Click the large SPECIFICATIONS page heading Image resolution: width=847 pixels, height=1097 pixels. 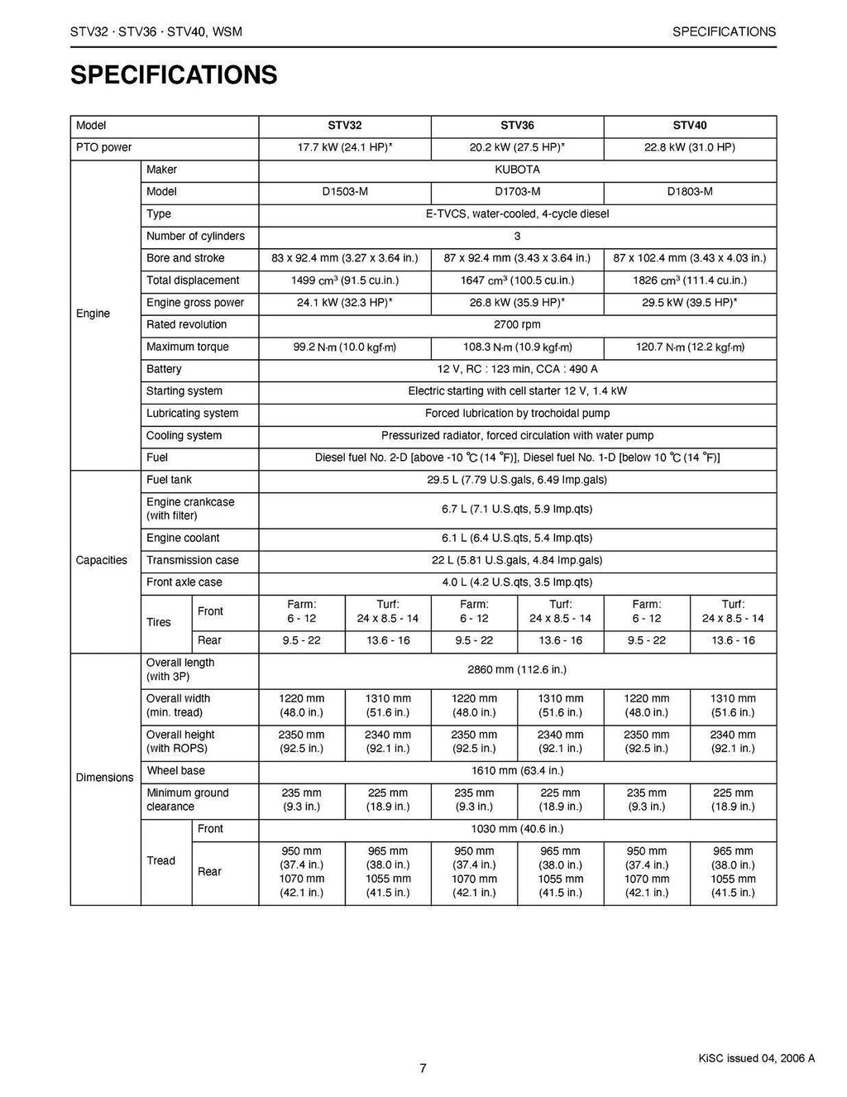(174, 75)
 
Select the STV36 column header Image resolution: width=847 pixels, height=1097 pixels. (517, 126)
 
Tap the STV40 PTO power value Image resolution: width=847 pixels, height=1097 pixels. (690, 148)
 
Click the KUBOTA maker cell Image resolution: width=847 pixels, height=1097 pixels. (517, 170)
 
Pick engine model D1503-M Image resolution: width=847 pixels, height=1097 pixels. (345, 192)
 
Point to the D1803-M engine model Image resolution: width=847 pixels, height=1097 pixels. (690, 192)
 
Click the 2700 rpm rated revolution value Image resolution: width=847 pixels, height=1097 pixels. (517, 325)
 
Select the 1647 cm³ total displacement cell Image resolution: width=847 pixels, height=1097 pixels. (517, 280)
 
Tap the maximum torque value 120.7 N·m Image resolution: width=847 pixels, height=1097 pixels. (690, 347)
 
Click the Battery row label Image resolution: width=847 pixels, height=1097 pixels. (164, 369)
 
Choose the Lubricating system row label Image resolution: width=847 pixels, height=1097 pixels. (192, 414)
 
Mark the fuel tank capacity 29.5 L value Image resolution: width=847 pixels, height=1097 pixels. (517, 480)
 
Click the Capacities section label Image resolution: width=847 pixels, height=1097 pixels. (102, 560)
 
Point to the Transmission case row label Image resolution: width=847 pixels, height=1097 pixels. (192, 560)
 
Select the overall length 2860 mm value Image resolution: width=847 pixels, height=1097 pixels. (517, 669)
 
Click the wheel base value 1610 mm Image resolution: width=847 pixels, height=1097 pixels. (517, 771)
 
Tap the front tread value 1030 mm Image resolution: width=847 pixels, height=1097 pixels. (517, 829)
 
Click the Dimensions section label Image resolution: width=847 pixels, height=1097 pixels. (104, 778)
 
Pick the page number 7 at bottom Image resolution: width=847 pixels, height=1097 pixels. (423, 1068)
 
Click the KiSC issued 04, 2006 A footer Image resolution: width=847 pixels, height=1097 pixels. (755, 1058)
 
